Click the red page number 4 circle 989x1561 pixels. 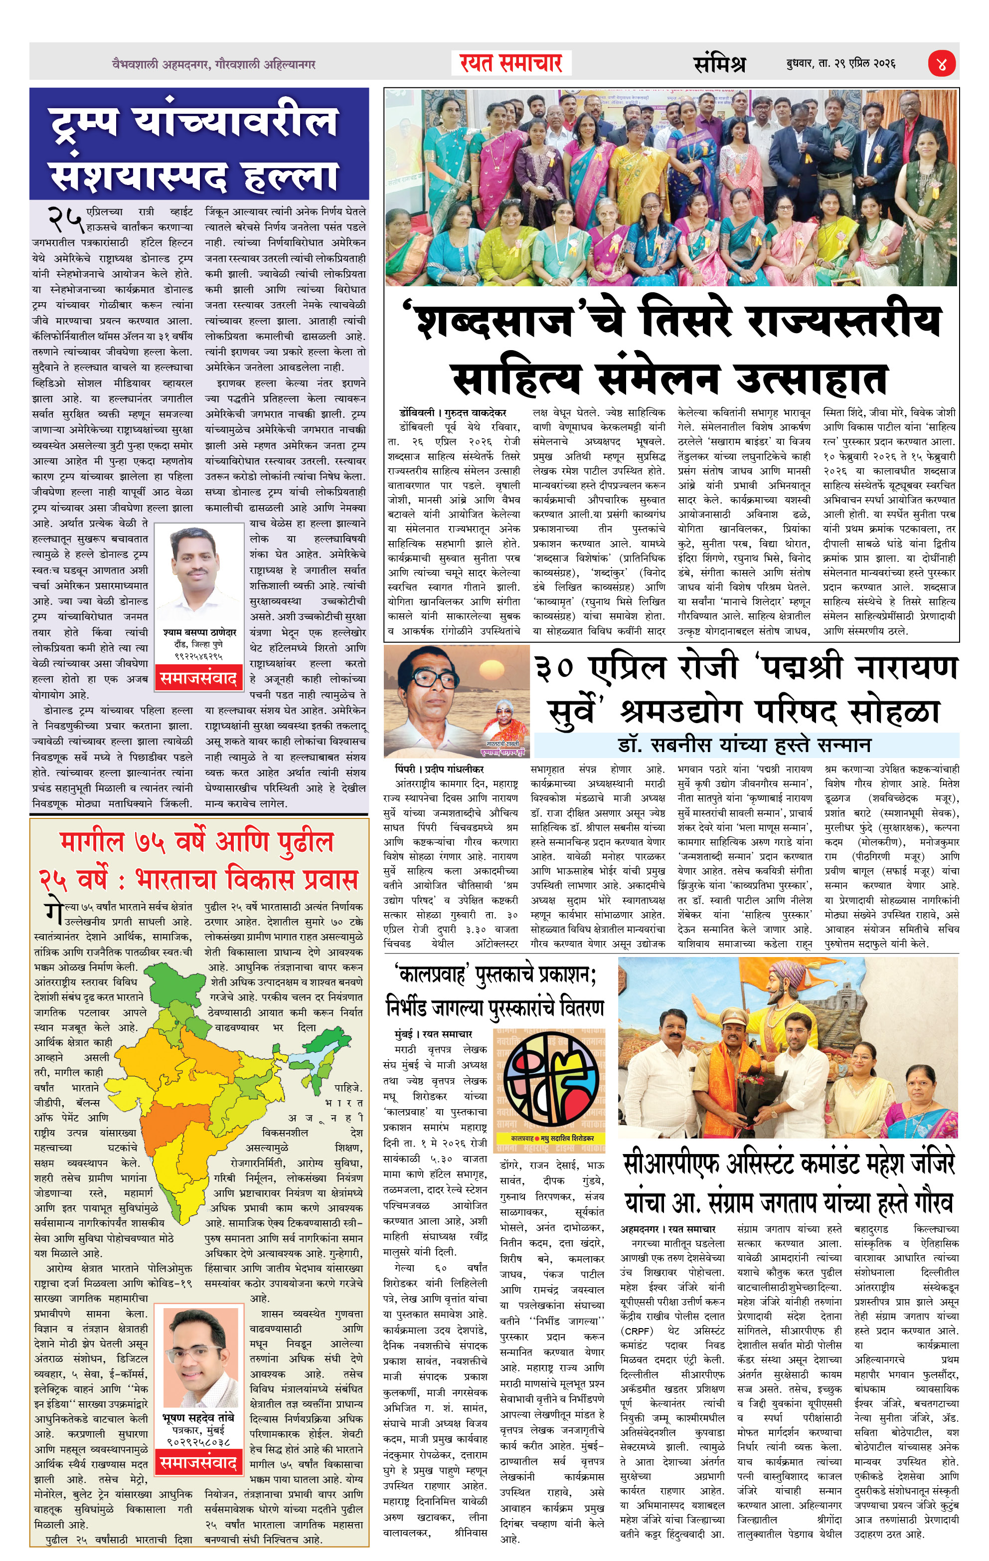(x=941, y=63)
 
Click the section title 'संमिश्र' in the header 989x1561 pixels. (x=719, y=63)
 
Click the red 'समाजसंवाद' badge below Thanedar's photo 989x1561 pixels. (x=198, y=678)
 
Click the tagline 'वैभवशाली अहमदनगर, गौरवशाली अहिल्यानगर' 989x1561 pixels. (x=213, y=64)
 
